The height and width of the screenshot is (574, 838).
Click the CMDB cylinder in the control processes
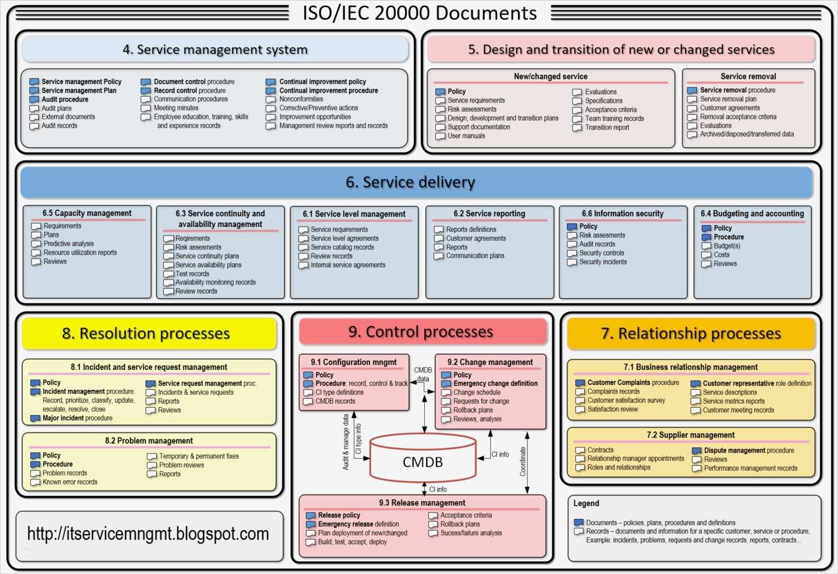[423, 461]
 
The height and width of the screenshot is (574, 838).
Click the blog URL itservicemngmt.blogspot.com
[148, 534]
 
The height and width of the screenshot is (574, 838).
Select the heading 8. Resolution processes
[146, 333]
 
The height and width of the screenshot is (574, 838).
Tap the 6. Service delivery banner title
[410, 182]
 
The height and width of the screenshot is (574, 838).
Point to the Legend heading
[586, 503]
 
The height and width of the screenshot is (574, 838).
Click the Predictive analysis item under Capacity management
[69, 243]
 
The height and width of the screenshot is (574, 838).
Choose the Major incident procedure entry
[78, 418]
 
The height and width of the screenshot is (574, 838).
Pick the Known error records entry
[70, 482]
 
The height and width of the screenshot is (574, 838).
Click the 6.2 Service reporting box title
[489, 214]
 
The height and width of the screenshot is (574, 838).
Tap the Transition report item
[607, 128]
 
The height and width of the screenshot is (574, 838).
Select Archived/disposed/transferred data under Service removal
[747, 134]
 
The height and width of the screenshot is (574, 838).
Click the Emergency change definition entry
[495, 383]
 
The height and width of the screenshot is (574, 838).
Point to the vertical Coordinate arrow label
[522, 461]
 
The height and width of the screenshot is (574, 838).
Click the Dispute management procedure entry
[749, 450]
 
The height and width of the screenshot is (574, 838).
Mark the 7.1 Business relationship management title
[690, 367]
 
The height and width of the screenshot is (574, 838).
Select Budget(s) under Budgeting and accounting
[727, 246]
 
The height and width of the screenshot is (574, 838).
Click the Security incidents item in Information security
[603, 262]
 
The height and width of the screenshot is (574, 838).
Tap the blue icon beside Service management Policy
[34, 82]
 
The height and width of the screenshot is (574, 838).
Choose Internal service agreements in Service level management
[348, 265]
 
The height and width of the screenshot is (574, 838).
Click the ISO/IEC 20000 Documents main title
[419, 13]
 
